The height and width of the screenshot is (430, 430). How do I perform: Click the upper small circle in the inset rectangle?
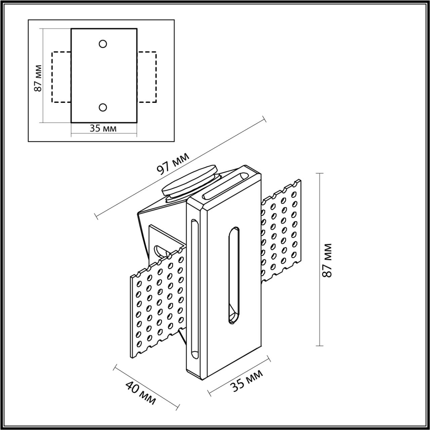[x=103, y=44]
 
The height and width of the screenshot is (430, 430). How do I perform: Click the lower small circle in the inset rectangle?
[x=103, y=107]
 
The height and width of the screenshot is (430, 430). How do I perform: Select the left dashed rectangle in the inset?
[x=61, y=77]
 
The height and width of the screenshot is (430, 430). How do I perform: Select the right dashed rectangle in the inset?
[x=147, y=77]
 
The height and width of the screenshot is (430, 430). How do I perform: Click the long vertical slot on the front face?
[x=234, y=275]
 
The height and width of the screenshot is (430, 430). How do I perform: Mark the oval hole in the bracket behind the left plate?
[x=159, y=251]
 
